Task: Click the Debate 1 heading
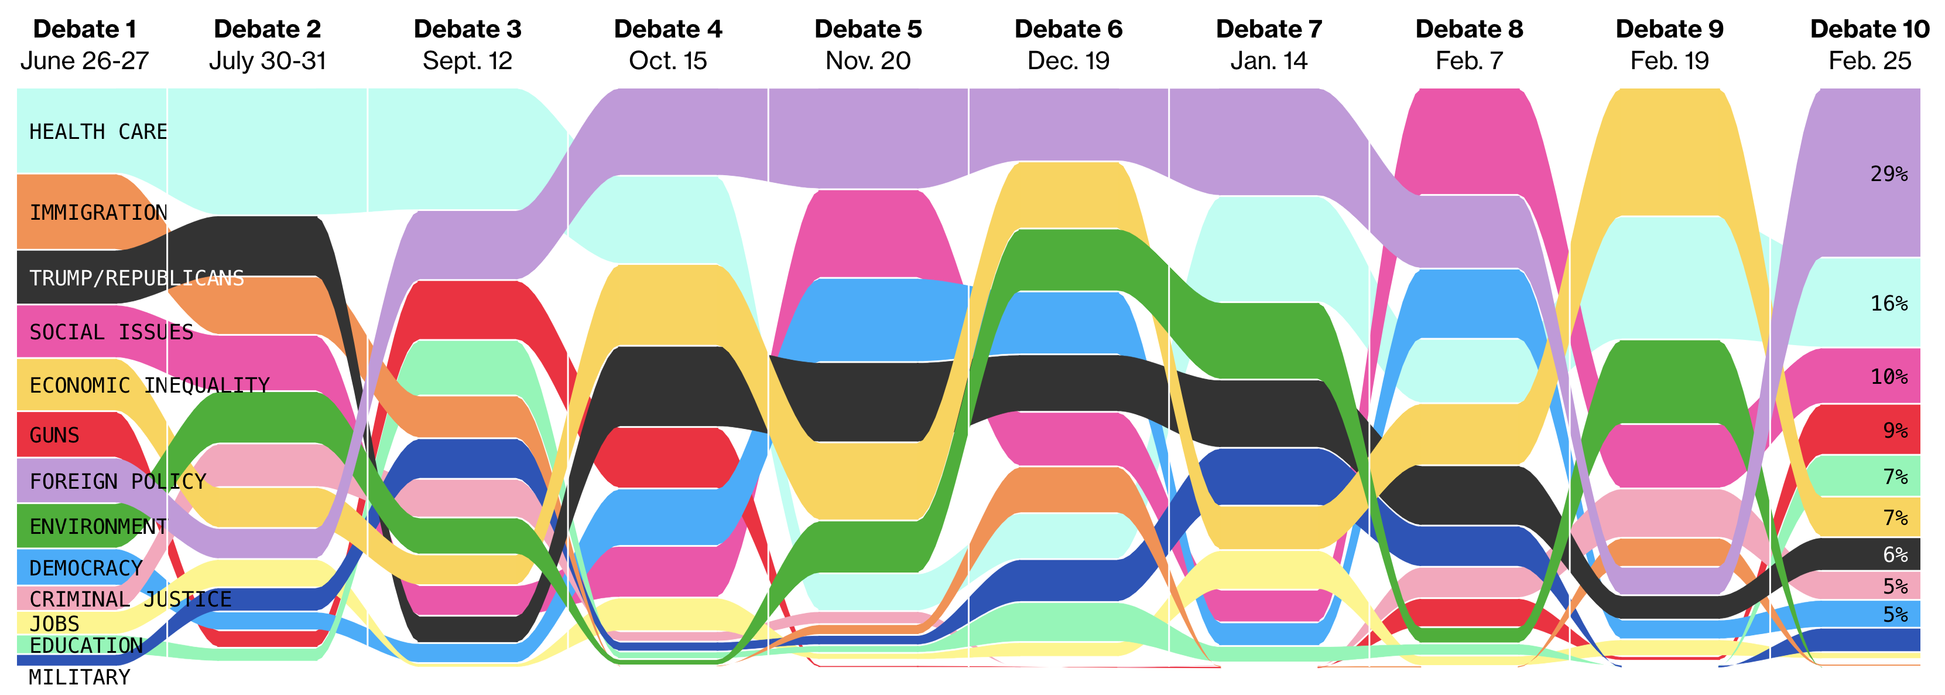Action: point(84,29)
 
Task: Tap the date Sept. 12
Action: point(467,60)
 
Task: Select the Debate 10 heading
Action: point(1869,29)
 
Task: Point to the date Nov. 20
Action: point(868,60)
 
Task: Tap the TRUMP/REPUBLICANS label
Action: point(136,278)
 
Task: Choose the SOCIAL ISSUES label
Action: point(111,332)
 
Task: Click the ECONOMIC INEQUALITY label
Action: point(149,385)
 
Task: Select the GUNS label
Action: point(54,435)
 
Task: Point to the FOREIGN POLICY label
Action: point(118,481)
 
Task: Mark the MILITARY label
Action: point(79,676)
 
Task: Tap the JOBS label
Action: point(54,624)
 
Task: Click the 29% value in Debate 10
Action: point(1889,173)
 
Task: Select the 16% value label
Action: point(1889,304)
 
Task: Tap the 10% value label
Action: point(1889,376)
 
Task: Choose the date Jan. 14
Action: point(1269,60)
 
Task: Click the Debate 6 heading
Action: point(1069,29)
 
